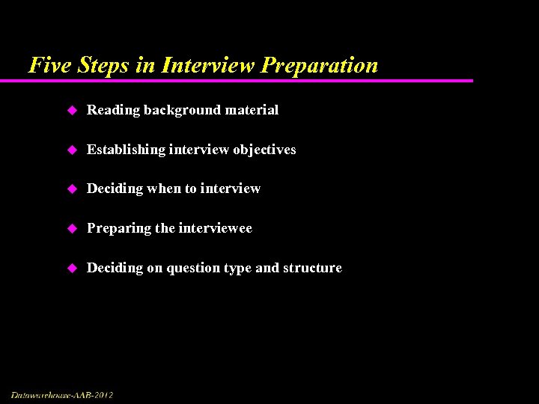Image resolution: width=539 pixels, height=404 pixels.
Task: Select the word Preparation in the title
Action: [320, 66]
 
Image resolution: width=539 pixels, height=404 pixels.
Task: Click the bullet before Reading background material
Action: [72, 111]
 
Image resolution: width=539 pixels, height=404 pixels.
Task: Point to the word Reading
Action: [113, 111]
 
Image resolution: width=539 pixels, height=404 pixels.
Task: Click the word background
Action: [179, 111]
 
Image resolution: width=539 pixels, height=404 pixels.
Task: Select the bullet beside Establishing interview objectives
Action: [72, 150]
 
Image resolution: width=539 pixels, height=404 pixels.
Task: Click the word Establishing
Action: [126, 150]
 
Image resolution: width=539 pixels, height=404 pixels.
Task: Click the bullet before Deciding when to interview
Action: [72, 189]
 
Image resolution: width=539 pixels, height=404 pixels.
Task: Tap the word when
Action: [164, 189]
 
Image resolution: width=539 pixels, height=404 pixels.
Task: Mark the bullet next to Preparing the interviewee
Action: [72, 229]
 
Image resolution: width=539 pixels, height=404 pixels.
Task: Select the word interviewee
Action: [215, 228]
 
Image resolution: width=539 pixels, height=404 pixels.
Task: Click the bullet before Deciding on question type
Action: [72, 269]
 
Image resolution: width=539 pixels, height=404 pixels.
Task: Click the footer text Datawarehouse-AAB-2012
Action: [62, 394]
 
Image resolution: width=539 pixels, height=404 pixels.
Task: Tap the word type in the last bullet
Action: [238, 269]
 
